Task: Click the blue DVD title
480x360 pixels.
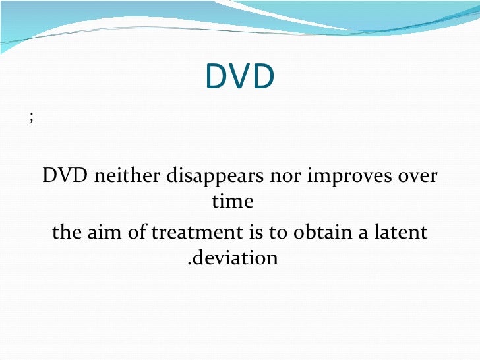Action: click(239, 77)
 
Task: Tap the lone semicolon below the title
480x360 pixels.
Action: click(31, 118)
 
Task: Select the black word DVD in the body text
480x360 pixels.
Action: click(63, 177)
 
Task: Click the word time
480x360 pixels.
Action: click(233, 201)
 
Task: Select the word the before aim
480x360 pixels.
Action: click(67, 233)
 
